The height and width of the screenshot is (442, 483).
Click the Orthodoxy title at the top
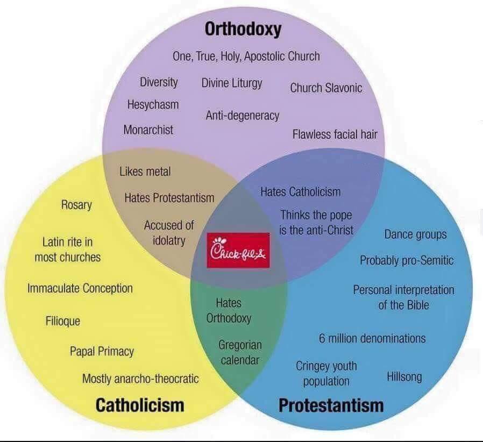pyautogui.click(x=243, y=28)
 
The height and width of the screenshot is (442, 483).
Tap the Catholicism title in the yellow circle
pyautogui.click(x=139, y=404)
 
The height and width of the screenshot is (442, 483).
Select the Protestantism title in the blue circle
pyautogui.click(x=331, y=404)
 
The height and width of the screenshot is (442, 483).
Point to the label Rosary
pyautogui.click(x=76, y=205)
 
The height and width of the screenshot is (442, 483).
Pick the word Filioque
pyautogui.click(x=63, y=321)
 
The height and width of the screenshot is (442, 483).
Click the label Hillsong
pyautogui.click(x=404, y=376)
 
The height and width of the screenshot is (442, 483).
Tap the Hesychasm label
pyautogui.click(x=153, y=104)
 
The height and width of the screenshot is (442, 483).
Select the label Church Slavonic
pyautogui.click(x=326, y=88)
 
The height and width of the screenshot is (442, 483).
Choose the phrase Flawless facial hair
pyautogui.click(x=335, y=134)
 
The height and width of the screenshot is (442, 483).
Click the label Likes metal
pyautogui.click(x=145, y=172)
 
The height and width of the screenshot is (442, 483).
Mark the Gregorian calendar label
pyautogui.click(x=240, y=352)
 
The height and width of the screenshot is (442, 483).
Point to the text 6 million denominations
pyautogui.click(x=372, y=338)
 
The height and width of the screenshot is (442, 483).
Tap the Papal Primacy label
pyautogui.click(x=102, y=352)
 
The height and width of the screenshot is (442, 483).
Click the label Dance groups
pyautogui.click(x=415, y=234)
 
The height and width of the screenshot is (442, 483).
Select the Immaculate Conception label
pyautogui.click(x=80, y=288)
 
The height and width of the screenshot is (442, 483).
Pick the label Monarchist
pyautogui.click(x=148, y=130)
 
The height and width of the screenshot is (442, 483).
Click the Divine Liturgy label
pyautogui.click(x=232, y=83)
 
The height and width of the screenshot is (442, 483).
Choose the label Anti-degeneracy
pyautogui.click(x=243, y=115)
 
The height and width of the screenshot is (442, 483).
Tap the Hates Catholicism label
pyautogui.click(x=300, y=191)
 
